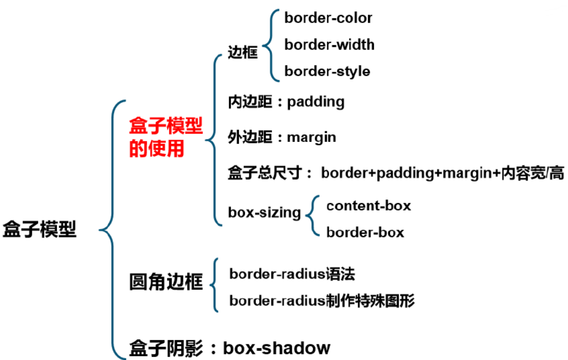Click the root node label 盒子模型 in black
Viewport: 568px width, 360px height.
tap(40, 229)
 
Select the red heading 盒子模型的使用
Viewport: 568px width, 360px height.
tap(166, 138)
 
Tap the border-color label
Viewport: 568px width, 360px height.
tap(328, 18)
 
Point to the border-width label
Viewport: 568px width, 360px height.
tap(329, 45)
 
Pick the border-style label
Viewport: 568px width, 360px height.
tap(327, 71)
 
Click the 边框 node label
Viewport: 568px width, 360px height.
tap(243, 53)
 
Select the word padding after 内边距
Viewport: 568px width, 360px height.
tap(315, 102)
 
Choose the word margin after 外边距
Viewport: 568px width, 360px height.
tap(311, 137)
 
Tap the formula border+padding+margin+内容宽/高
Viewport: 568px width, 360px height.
tap(442, 174)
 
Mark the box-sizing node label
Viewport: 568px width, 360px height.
tap(264, 212)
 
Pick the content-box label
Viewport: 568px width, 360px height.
tap(368, 205)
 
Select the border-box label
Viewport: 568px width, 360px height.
tap(365, 233)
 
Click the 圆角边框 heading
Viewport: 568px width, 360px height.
tap(166, 282)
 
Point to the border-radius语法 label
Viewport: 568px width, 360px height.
tap(292, 274)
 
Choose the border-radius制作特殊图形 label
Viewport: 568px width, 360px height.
tap(322, 301)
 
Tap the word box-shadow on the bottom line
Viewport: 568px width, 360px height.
tap(276, 348)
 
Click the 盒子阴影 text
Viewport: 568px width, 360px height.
tap(166, 349)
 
